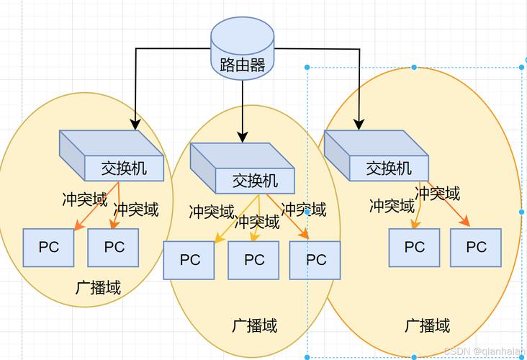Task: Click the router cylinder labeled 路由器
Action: point(242,50)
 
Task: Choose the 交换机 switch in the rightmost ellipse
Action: point(377,156)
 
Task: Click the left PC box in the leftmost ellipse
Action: point(48,248)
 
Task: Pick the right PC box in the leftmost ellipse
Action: point(113,248)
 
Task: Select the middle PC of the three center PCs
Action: point(253,260)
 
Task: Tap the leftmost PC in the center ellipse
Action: point(189,260)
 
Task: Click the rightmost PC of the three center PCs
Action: point(315,260)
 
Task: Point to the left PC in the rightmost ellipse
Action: point(414,248)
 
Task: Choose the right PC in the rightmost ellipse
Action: point(476,248)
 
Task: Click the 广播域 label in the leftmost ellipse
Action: point(98,288)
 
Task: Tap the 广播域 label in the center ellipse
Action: point(254,325)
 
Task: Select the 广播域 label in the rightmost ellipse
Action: point(427,325)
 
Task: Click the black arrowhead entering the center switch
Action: point(243,135)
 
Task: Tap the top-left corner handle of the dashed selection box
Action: point(307,67)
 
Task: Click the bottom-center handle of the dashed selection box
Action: point(415,356)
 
